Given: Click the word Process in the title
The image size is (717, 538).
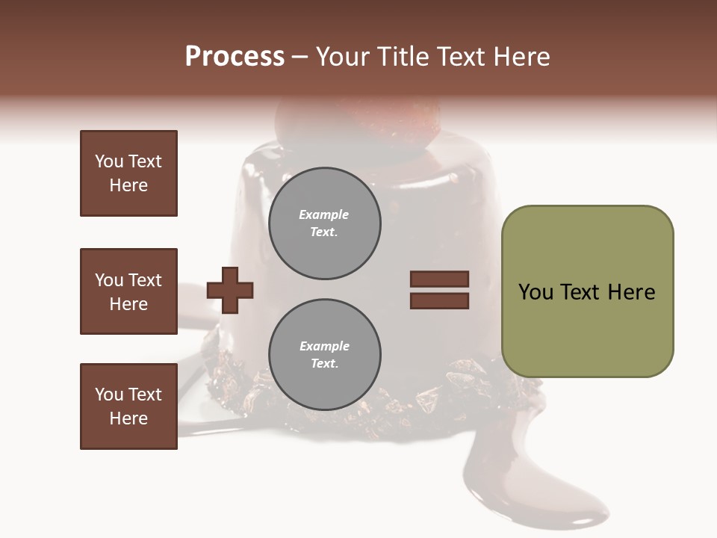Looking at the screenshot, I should (x=235, y=57).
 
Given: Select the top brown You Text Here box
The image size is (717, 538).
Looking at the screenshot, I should (x=128, y=173).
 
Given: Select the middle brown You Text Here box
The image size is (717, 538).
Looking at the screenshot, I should (x=128, y=291).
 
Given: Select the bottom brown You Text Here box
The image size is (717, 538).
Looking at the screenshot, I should (x=128, y=406).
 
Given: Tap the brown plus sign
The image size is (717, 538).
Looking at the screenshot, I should (x=230, y=290).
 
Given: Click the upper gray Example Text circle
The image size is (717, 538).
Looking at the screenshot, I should (x=325, y=223).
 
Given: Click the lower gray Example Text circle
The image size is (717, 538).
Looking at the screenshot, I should (x=325, y=355).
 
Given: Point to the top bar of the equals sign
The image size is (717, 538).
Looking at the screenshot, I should (x=439, y=279).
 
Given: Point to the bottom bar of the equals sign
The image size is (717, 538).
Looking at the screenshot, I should (x=439, y=301).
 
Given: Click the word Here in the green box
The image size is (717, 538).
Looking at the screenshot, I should (x=631, y=292).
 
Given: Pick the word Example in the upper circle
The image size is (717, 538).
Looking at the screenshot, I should (x=324, y=214).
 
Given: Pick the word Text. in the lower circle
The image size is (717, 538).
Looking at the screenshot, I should (x=324, y=364).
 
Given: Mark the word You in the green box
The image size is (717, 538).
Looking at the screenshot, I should (x=536, y=292).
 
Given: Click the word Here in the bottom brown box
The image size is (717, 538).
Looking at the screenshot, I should (x=128, y=418).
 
